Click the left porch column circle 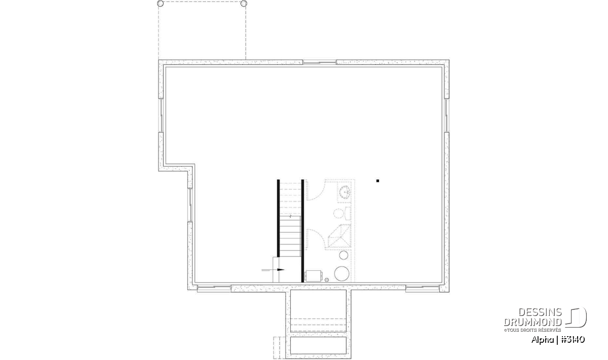click(161, 4)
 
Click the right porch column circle click(244, 4)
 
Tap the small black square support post click(377, 181)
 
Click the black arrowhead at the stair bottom click(281, 270)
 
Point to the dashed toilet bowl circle click(338, 213)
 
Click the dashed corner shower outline click(339, 236)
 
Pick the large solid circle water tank click(341, 273)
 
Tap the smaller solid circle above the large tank click(344, 255)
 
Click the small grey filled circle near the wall click(327, 280)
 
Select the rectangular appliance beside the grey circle click(314, 276)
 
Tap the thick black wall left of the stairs click(278, 218)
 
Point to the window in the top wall click(320, 62)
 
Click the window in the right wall click(446, 115)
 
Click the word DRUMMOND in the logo click(533, 322)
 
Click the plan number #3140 click(573, 340)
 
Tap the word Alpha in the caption click(542, 340)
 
